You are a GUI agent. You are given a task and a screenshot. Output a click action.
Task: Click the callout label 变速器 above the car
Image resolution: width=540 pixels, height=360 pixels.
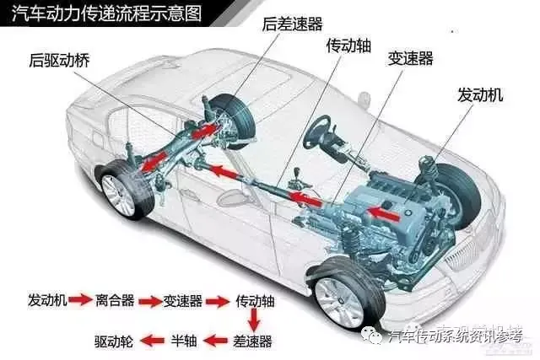point(410,59)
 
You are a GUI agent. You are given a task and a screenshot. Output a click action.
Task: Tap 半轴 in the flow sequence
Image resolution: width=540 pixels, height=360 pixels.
point(185,341)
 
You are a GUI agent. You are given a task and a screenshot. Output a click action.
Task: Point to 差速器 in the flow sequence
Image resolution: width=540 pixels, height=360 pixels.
point(253,341)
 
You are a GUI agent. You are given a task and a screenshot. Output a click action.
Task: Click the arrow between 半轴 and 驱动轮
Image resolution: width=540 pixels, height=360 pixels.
point(152,341)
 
